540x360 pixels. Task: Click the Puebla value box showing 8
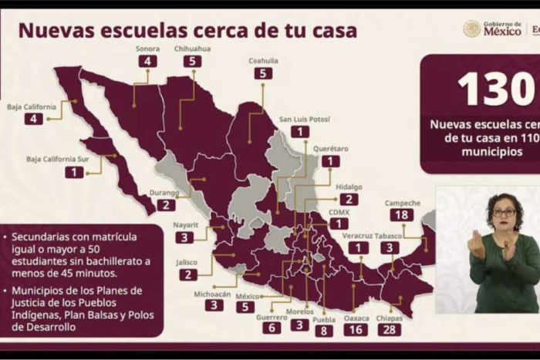point(324,331)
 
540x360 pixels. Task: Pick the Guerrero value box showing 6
point(272,328)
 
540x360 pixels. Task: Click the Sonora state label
point(147,48)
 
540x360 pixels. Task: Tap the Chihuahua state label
point(192,47)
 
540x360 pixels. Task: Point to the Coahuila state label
point(264,60)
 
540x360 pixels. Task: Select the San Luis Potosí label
point(304,119)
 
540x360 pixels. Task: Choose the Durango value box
point(166,205)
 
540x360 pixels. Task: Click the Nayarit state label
point(186,225)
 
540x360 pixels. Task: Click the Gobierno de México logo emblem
point(471,29)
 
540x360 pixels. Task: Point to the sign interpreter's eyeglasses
point(505,212)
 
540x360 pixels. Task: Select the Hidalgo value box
point(349,200)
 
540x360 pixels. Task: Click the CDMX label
point(339,211)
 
